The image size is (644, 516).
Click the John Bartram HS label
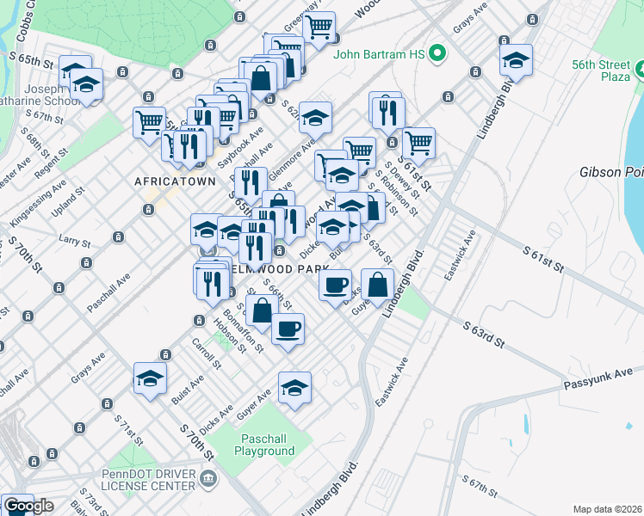[380, 54]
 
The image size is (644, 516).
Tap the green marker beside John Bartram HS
[438, 54]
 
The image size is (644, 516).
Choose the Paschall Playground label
[264, 445]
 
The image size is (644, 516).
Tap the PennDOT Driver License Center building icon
[207, 477]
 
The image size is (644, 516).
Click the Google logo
[28, 506]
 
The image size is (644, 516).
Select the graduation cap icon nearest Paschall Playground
[294, 389]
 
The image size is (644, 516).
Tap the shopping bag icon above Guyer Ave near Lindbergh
[378, 285]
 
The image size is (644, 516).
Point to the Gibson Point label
[611, 172]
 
